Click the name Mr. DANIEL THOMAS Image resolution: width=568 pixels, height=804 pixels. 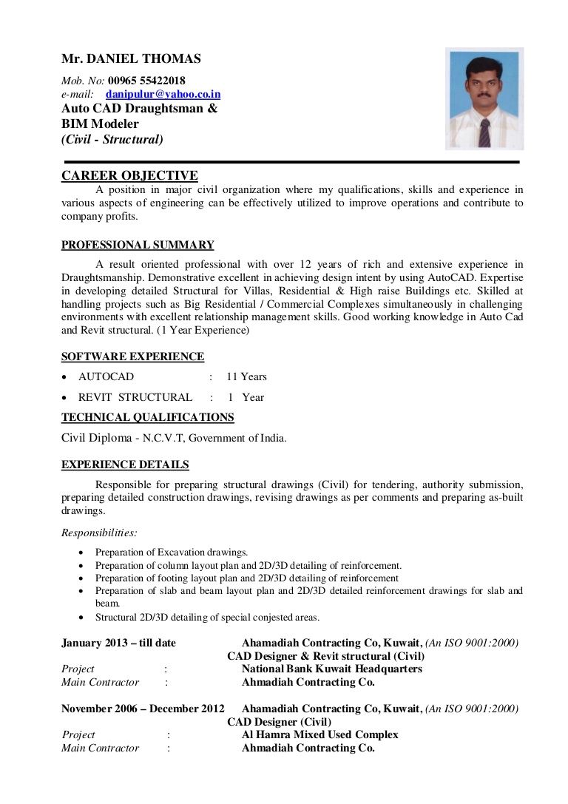(x=131, y=59)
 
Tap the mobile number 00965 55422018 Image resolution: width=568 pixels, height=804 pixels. (x=146, y=81)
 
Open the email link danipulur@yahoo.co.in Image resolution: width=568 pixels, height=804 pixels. (x=163, y=95)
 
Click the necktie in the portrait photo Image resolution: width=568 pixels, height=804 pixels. (x=484, y=132)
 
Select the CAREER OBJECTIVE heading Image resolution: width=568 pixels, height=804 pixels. (x=129, y=175)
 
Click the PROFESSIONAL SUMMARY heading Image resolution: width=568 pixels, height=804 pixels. (x=138, y=246)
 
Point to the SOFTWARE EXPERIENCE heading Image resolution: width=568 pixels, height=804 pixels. (x=132, y=357)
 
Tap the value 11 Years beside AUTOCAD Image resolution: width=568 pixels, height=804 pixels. (x=246, y=376)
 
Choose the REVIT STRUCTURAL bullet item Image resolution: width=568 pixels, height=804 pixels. (x=135, y=397)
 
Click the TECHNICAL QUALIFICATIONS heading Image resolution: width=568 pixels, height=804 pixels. (x=147, y=417)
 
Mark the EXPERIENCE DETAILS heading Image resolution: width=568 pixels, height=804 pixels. (x=125, y=465)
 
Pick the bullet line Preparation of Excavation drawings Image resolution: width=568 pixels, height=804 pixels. (x=172, y=552)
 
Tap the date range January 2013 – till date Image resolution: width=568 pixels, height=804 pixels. (x=118, y=643)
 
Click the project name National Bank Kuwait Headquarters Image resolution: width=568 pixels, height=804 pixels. (x=331, y=669)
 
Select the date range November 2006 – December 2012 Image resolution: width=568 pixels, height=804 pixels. (x=143, y=709)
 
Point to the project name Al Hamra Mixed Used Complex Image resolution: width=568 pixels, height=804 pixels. (x=319, y=734)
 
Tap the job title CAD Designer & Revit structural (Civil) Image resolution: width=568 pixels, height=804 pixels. (x=325, y=656)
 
